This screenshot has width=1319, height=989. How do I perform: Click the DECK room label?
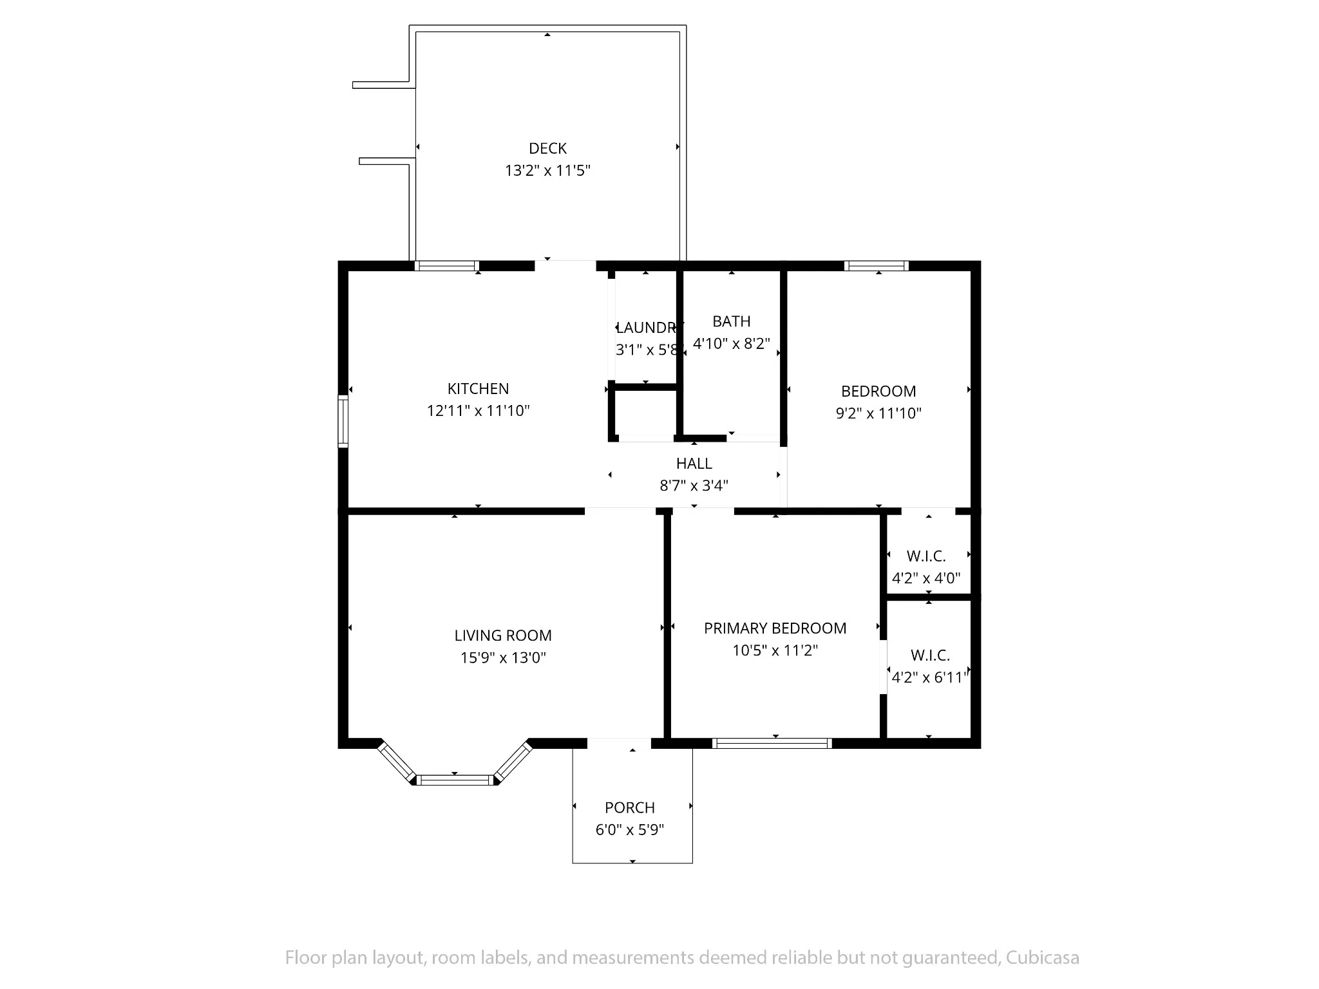(x=547, y=149)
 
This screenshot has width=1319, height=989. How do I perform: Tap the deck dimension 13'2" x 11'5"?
(x=547, y=171)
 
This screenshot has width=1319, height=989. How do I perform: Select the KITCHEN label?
(x=478, y=389)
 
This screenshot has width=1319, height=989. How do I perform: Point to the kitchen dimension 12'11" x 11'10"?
(x=478, y=411)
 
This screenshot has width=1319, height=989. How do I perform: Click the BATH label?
(x=732, y=321)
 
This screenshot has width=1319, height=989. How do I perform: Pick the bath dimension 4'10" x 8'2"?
(x=732, y=343)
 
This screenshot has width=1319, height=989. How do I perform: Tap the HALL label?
(x=694, y=464)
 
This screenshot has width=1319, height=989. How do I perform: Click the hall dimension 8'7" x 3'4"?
(x=694, y=485)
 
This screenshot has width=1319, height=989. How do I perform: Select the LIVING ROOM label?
(x=503, y=636)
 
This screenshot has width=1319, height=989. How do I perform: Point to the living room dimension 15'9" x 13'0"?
(x=503, y=657)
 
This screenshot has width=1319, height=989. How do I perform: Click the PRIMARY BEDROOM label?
(x=775, y=628)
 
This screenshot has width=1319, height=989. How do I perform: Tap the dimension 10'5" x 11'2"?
(x=775, y=650)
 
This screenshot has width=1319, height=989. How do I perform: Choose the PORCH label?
(x=630, y=807)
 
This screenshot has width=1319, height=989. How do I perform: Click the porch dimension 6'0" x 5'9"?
(x=630, y=829)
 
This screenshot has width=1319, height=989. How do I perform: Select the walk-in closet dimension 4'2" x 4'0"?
(x=926, y=578)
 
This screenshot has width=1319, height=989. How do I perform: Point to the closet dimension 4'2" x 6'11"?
(x=930, y=677)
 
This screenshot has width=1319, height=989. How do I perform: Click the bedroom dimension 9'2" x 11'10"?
(x=878, y=413)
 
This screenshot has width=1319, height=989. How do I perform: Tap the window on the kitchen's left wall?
(x=343, y=422)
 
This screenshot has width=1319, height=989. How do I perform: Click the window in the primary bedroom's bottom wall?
(x=772, y=743)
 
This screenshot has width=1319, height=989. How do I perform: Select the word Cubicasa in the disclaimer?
(x=1043, y=957)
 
